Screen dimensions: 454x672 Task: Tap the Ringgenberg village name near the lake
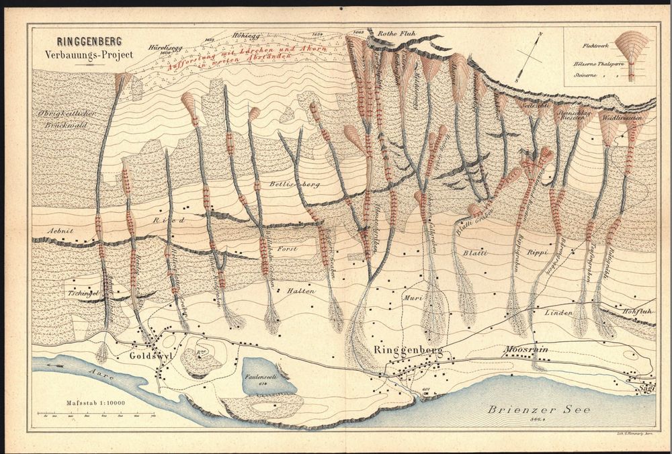405,350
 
